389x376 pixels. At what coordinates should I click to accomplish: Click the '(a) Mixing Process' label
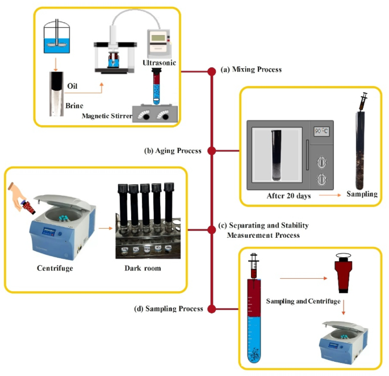[251, 69]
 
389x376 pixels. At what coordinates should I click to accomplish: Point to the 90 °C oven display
[321, 131]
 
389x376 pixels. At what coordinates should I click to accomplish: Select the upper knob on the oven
[322, 162]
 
